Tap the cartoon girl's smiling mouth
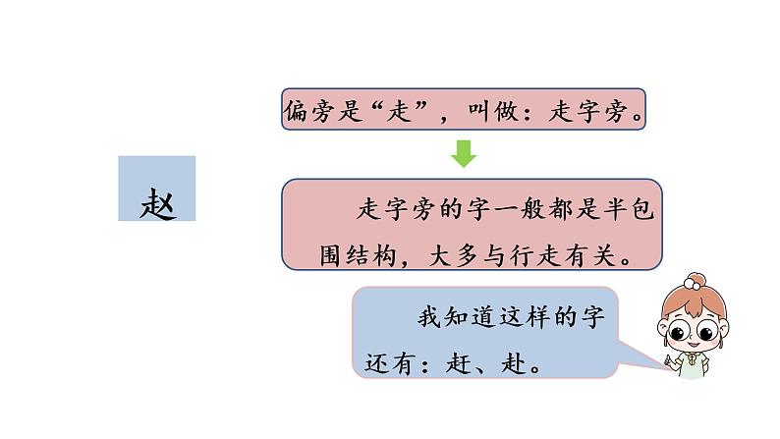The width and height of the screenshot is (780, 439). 698,351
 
